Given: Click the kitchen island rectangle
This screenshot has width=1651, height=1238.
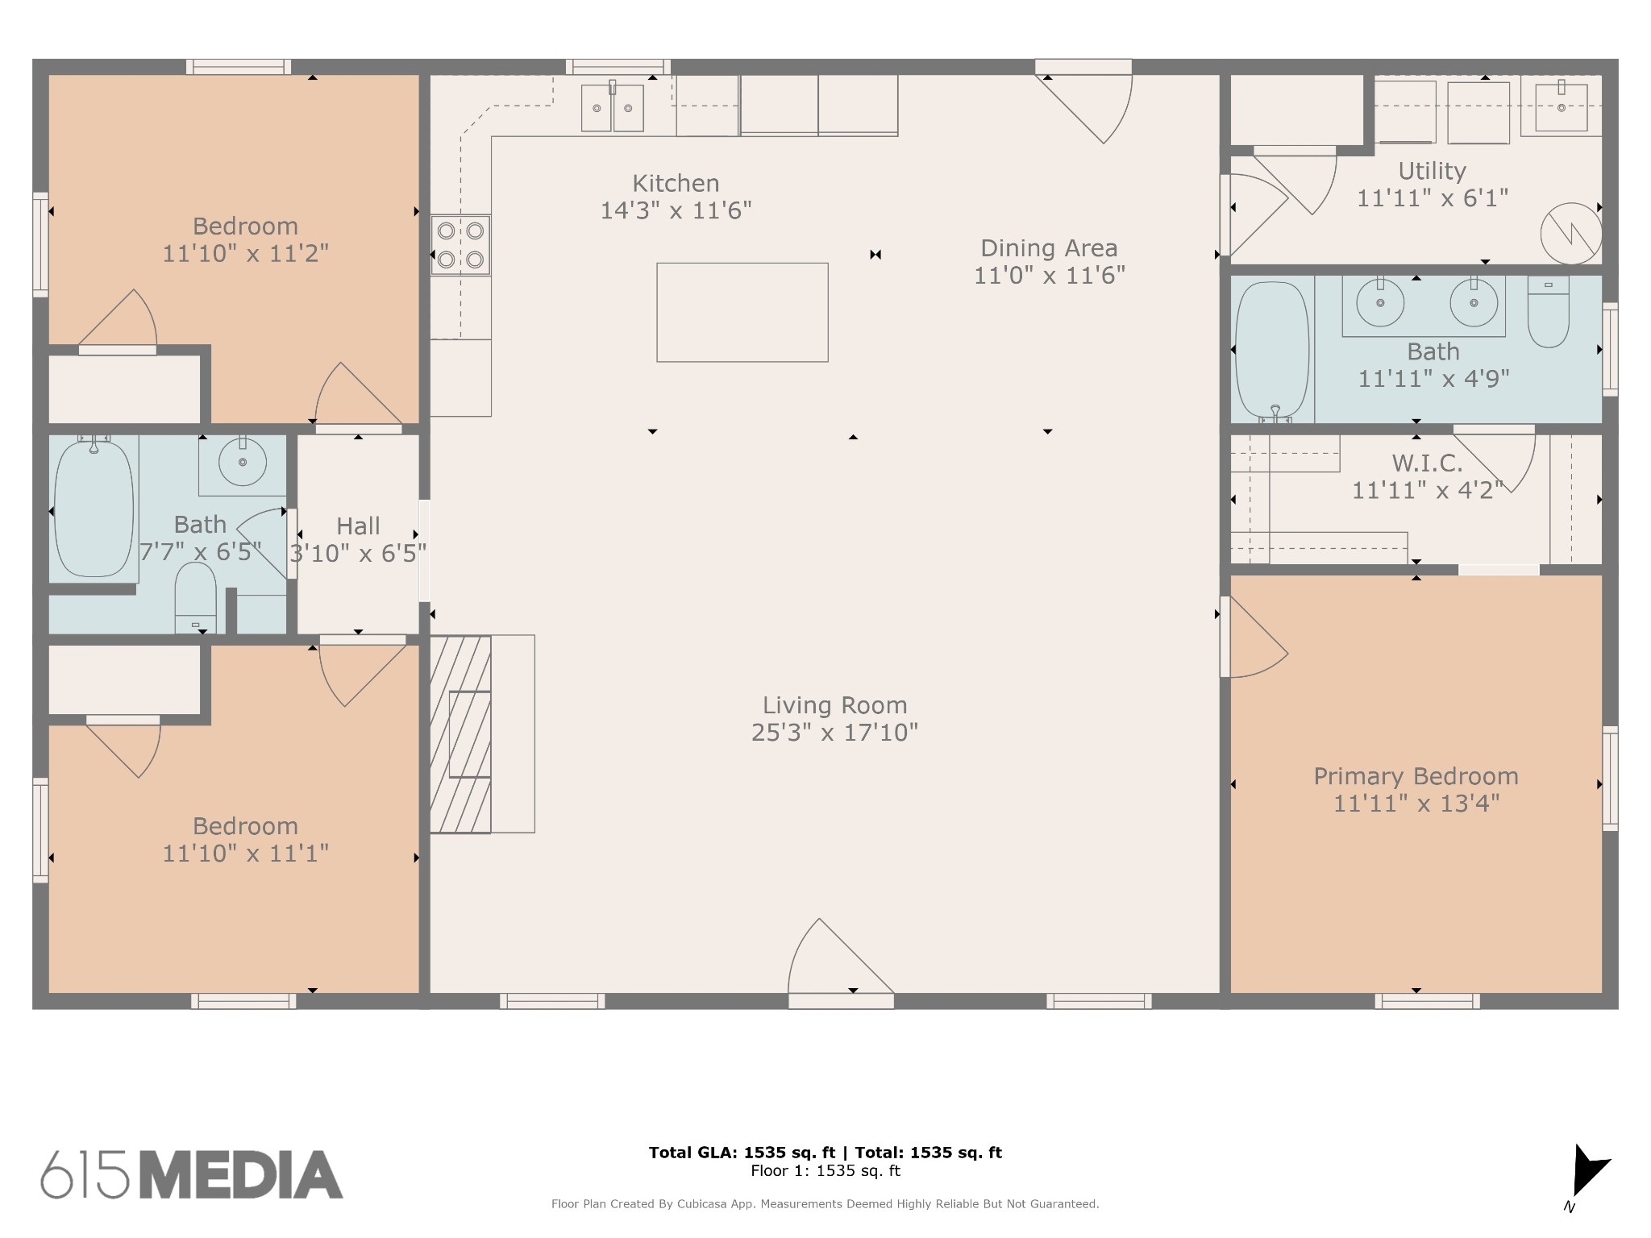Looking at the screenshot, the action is [x=742, y=312].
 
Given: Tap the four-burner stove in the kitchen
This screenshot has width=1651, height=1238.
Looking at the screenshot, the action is [x=460, y=245].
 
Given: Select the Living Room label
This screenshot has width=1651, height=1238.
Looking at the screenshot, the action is [x=835, y=705].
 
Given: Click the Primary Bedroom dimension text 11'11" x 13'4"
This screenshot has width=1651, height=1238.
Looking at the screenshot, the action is [x=1416, y=804].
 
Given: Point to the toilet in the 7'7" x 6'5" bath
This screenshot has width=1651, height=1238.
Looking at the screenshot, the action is [x=195, y=598].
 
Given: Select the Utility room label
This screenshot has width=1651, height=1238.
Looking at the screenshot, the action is [x=1432, y=171].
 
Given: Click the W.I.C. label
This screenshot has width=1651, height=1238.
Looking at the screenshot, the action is [x=1427, y=463].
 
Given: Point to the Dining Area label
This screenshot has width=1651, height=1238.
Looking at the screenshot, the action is [x=1049, y=247].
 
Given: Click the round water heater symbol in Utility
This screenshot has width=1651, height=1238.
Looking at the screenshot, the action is [x=1570, y=234].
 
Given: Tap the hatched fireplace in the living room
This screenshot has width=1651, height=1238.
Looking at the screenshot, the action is [x=460, y=734].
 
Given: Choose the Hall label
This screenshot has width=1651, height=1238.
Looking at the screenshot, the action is [x=358, y=526].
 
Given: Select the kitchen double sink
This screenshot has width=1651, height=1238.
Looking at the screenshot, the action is [x=613, y=106].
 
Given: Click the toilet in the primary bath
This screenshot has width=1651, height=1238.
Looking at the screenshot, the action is [x=1549, y=312].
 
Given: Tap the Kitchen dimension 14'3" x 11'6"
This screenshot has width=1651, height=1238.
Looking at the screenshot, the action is [x=676, y=210].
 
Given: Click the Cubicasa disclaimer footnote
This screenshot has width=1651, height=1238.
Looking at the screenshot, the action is [x=825, y=1204].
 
